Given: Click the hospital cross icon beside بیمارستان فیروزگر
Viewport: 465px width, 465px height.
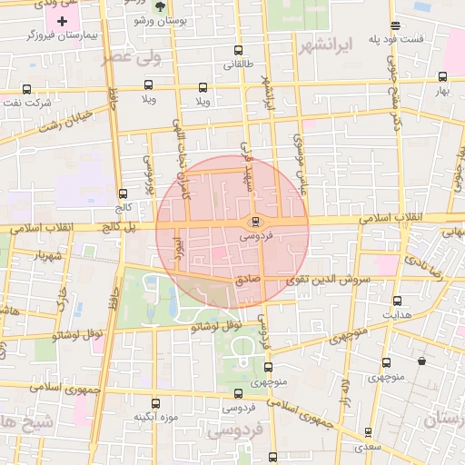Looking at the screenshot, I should pos(62,21).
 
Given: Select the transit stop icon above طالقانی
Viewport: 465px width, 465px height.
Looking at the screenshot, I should pos(238,51).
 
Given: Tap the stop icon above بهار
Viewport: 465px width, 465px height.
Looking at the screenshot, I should pos(441,77).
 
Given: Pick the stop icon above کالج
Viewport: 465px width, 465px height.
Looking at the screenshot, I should pos(123,193).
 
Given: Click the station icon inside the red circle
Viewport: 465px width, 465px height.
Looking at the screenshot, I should pos(254,221).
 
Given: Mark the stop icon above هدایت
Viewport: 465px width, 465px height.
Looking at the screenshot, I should pos(397,301).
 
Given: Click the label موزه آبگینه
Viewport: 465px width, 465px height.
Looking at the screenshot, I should pos(153,418).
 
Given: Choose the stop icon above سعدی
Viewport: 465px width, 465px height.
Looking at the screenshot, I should pos(368,431).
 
